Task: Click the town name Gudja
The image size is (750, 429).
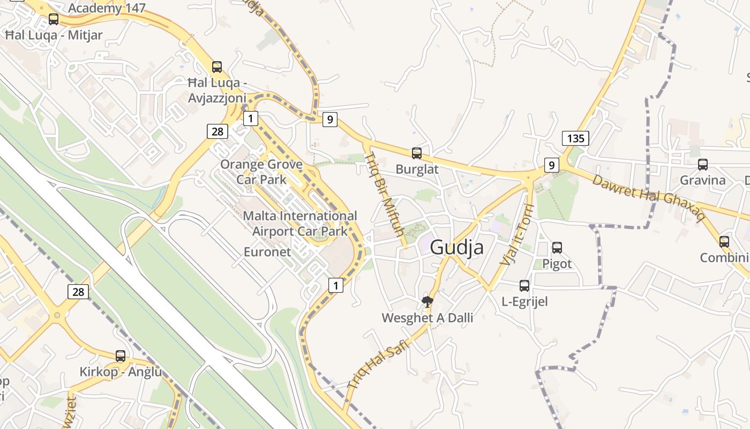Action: (456, 247)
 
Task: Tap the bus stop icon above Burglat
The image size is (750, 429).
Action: (417, 153)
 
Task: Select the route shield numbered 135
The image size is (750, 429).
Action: (575, 138)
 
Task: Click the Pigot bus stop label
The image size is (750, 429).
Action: (557, 264)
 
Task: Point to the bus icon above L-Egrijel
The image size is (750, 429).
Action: (524, 286)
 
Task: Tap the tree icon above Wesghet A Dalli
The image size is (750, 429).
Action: (427, 302)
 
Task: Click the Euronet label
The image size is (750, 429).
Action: (267, 252)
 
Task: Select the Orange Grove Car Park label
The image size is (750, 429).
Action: (261, 172)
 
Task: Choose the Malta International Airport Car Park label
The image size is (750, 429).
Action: (300, 223)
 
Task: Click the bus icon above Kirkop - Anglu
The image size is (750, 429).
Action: (121, 356)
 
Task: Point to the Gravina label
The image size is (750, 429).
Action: (702, 180)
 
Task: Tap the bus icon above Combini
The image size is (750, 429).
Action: (724, 242)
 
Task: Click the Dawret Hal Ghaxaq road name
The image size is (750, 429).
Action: (648, 197)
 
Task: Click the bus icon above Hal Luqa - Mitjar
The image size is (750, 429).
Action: (54, 19)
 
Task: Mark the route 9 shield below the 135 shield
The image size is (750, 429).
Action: (551, 165)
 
